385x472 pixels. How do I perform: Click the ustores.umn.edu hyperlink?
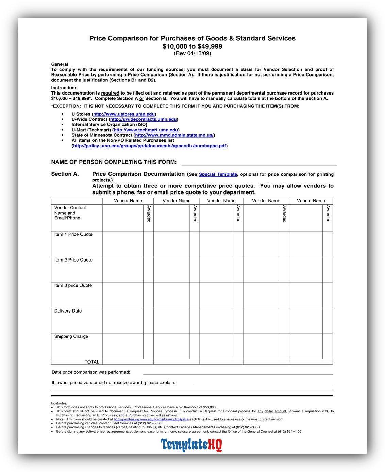pyautogui.click(x=124, y=114)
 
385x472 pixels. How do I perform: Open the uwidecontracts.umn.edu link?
pyautogui.click(x=143, y=119)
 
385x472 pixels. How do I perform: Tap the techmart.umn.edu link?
pyautogui.click(x=146, y=130)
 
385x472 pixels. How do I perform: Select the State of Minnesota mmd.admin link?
pyautogui.click(x=174, y=135)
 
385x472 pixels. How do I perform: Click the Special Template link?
pyautogui.click(x=218, y=174)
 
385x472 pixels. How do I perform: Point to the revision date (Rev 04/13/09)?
pyautogui.click(x=192, y=53)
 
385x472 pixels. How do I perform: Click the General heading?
pyautogui.click(x=60, y=64)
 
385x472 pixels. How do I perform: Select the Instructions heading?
pyautogui.click(x=64, y=88)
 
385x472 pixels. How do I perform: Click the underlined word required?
pyautogui.click(x=110, y=93)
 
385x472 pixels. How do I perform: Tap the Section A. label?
pyautogui.click(x=65, y=174)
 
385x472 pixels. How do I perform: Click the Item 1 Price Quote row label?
pyautogui.click(x=73, y=234)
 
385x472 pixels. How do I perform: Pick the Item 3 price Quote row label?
pyautogui.click(x=73, y=285)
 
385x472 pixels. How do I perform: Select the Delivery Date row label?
pyautogui.click(x=68, y=311)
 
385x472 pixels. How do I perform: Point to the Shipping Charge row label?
pyautogui.click(x=71, y=336)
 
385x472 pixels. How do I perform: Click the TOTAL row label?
pyautogui.click(x=92, y=362)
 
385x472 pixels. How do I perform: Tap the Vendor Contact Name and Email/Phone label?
pyautogui.click(x=70, y=213)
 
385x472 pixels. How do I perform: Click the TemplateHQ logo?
pyautogui.click(x=191, y=444)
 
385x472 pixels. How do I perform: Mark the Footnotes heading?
pyautogui.click(x=59, y=403)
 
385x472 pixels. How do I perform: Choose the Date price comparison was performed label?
pyautogui.click(x=91, y=372)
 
